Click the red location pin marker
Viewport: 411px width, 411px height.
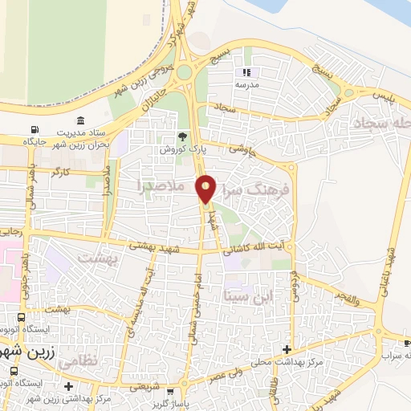(206, 188)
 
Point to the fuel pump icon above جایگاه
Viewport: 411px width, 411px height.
(34, 130)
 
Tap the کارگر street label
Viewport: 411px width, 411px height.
(59, 173)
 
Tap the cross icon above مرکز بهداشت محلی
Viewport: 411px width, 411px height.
(287, 348)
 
